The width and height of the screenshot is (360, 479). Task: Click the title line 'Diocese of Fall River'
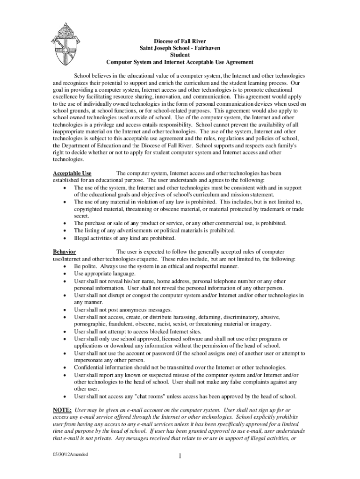coord(180,41)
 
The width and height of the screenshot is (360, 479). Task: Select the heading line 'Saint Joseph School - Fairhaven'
coord(180,48)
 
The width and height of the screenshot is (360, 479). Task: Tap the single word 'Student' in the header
coord(180,55)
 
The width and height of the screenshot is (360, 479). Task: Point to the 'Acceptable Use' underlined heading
coord(72,173)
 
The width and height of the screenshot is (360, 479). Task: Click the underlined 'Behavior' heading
coord(65,252)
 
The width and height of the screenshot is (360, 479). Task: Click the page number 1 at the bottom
coord(180,457)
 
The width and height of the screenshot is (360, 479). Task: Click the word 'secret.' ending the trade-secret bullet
coord(82,216)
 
